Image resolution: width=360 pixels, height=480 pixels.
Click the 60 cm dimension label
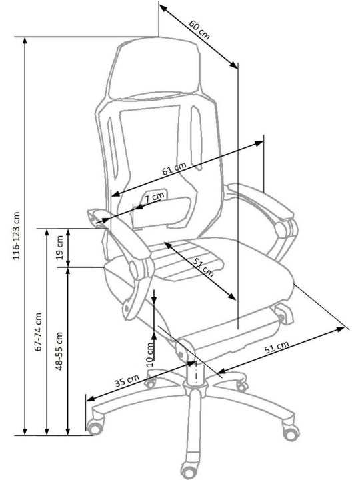199,30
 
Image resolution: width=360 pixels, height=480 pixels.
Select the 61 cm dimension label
174,169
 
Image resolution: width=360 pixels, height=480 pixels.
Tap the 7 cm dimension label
154,197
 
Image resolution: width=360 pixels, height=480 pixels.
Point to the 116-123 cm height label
16,236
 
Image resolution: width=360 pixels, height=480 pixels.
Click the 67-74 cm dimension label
38,331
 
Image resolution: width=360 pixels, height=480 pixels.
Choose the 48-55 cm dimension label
59,351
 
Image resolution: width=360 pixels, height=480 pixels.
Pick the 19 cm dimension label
60,247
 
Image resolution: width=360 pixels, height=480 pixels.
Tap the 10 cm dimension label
150,354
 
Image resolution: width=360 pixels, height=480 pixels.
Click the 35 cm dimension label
127,381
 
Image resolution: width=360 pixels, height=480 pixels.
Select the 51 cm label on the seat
203,267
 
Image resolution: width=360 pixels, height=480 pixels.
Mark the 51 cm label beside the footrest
277,347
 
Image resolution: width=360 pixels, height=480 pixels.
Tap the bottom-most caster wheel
190,470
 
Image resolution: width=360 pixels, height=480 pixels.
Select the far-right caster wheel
291,431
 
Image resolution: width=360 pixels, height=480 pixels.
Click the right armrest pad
261,201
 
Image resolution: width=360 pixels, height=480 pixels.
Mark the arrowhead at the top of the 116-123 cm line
25,41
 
